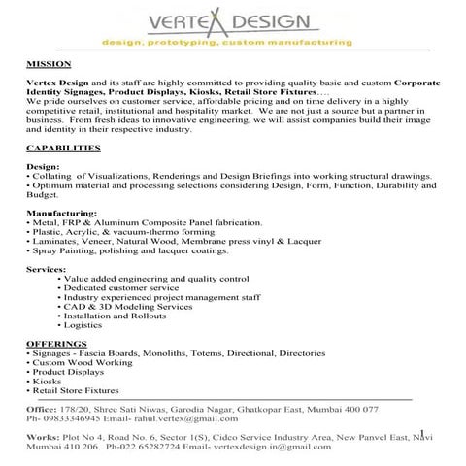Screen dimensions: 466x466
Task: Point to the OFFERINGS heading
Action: click(x=54, y=345)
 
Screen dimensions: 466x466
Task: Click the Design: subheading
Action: click(x=42, y=166)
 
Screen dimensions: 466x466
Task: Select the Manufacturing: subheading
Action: click(x=61, y=212)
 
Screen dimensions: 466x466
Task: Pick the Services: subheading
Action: click(x=47, y=268)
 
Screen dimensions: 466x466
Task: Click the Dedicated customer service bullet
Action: click(x=120, y=288)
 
